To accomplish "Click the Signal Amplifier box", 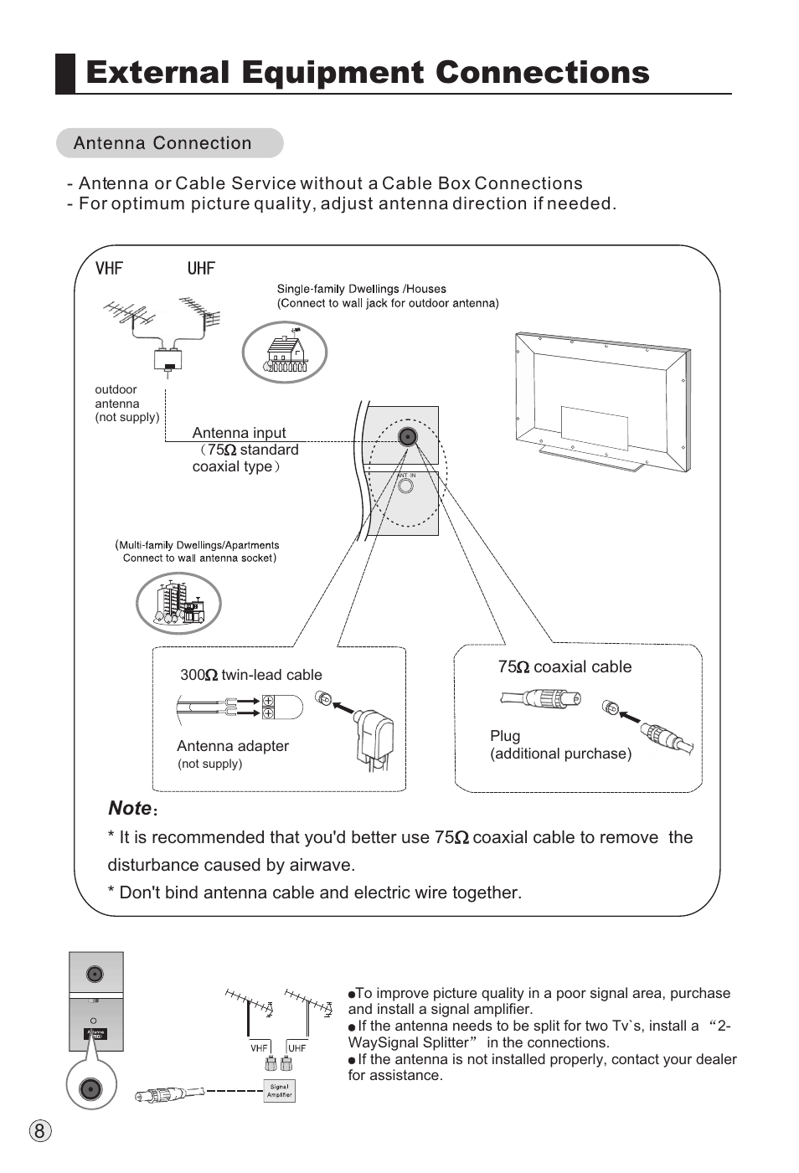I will (280, 1090).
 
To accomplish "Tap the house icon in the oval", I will (285, 353).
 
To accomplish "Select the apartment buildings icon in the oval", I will (178, 603).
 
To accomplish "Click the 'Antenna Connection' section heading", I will (162, 143).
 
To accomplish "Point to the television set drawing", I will (602, 401).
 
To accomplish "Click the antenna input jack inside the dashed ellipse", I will (408, 436).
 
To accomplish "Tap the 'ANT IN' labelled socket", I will (406, 485).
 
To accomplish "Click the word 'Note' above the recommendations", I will (130, 808).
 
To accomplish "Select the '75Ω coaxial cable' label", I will (564, 667).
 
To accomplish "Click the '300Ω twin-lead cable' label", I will (250, 675).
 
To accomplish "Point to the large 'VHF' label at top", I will (109, 269).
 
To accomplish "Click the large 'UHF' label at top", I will (201, 269).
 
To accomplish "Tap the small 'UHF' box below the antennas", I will (297, 1047).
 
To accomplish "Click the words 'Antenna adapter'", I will (233, 746).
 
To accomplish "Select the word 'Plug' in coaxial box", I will (505, 736).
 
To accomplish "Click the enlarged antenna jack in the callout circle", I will (90, 1089).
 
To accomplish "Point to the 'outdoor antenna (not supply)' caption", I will (126, 404).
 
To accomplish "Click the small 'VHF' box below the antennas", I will (260, 1047).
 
